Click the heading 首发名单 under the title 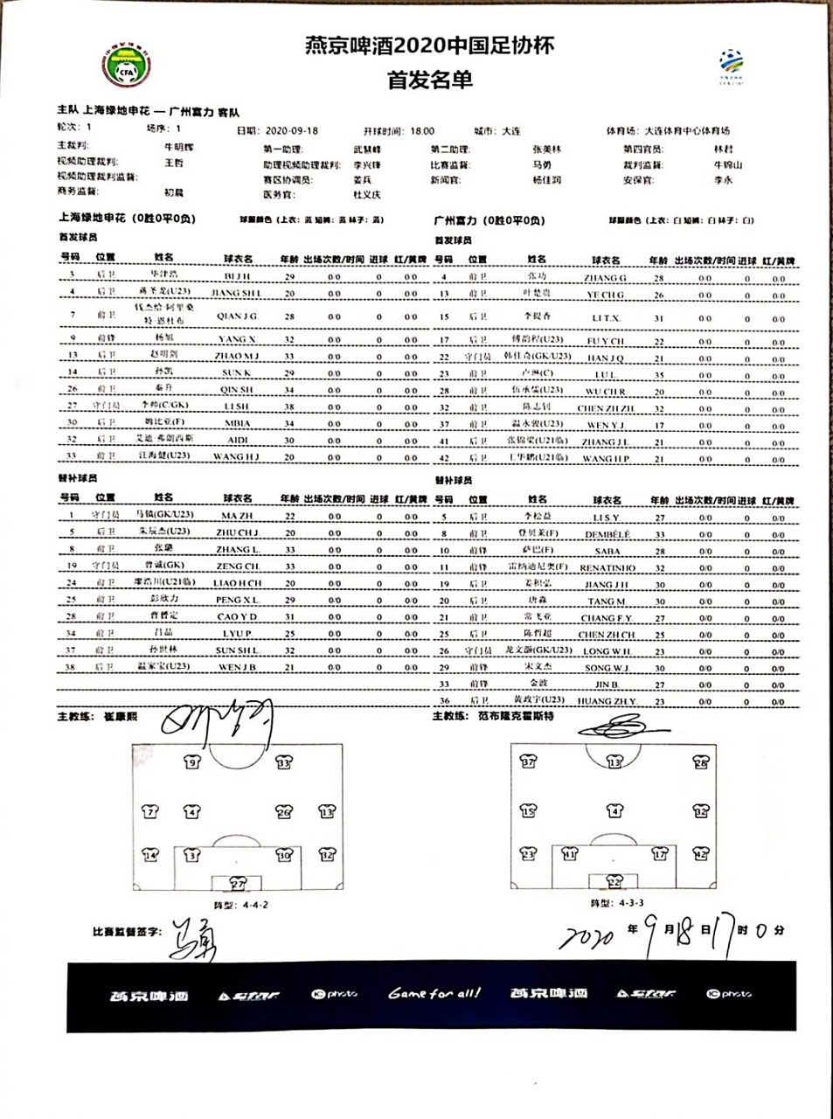(x=429, y=80)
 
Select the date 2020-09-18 (x=291, y=130)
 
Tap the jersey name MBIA (x=237, y=423)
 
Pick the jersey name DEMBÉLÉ (x=606, y=533)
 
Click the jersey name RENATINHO (x=607, y=567)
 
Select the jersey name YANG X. (x=237, y=338)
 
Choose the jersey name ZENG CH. (x=238, y=566)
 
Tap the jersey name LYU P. (x=237, y=633)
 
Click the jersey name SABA (x=607, y=551)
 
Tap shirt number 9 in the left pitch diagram (x=194, y=762)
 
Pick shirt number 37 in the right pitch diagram (x=528, y=762)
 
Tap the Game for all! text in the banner (x=434, y=993)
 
